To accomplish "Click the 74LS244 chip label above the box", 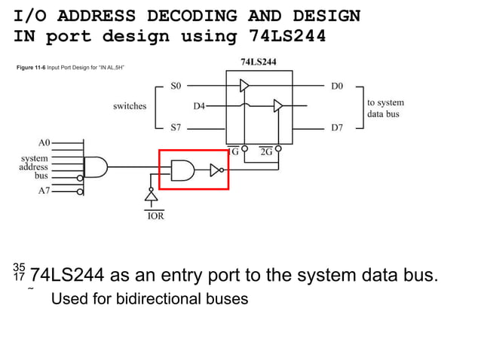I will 258,62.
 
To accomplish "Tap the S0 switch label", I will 176,87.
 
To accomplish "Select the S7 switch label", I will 176,127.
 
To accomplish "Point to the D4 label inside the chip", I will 199,106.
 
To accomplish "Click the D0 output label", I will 337,87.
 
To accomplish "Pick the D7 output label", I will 337,127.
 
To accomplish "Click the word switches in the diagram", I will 130,106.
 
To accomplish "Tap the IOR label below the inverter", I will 155,216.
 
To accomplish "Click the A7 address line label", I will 44,191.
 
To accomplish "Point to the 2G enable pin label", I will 266,151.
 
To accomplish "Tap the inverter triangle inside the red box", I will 215,170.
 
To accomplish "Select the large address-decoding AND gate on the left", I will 96,166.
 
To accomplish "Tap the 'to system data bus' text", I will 385,108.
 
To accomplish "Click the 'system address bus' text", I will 34,166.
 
